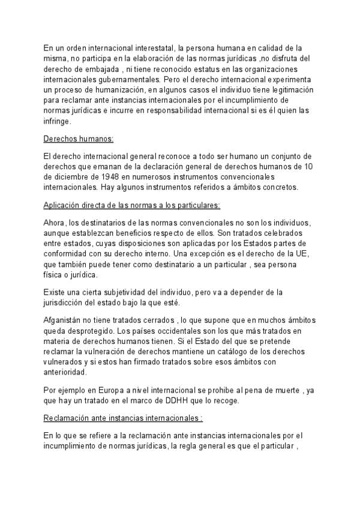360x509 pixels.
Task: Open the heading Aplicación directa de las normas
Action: point(132,205)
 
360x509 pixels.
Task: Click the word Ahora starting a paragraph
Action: point(56,223)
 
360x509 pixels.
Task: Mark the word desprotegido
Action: point(95,331)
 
